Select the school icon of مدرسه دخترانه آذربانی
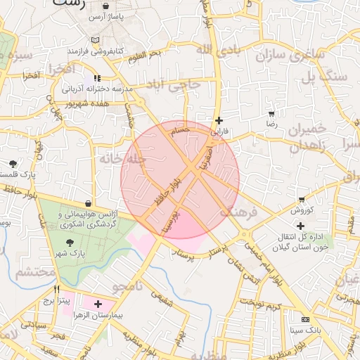click(x=97, y=78)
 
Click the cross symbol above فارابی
click(x=220, y=120)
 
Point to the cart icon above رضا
click(x=271, y=113)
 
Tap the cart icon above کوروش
click(x=302, y=200)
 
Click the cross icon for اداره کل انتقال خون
click(x=301, y=226)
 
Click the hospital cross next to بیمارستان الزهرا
click(x=98, y=304)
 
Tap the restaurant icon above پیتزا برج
click(x=57, y=289)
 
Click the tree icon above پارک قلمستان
click(x=13, y=163)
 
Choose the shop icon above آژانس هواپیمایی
click(x=87, y=202)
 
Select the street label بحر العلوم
click(x=145, y=53)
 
